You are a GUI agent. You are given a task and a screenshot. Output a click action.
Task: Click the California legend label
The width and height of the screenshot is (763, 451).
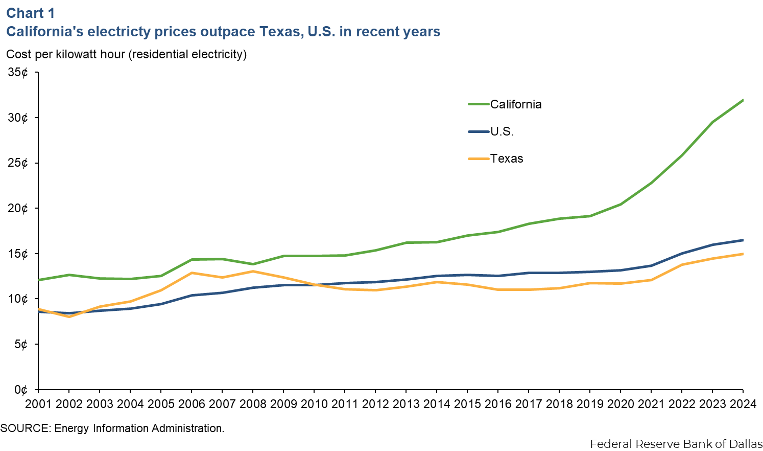tap(516, 104)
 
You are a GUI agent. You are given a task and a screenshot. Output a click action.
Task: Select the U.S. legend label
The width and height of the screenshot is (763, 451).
tap(502, 131)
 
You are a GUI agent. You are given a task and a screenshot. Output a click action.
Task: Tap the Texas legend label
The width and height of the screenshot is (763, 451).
tap(507, 159)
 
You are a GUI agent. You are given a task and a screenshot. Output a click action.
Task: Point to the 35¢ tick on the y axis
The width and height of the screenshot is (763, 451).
tap(18, 73)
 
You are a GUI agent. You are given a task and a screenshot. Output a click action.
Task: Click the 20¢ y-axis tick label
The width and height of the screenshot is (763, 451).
tap(18, 208)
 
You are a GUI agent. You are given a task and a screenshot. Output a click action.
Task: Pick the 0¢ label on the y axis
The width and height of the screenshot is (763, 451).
tap(21, 390)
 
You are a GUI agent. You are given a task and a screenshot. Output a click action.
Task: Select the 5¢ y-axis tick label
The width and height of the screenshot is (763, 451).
tap(21, 344)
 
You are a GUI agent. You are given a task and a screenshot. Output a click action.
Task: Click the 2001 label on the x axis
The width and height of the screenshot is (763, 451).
tap(38, 404)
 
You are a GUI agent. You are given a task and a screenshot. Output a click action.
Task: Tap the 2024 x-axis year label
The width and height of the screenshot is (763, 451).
tap(743, 404)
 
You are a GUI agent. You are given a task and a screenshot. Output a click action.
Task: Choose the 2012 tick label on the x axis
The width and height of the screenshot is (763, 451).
tap(375, 404)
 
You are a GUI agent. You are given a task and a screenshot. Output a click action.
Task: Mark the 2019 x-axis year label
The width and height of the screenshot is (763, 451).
tap(590, 404)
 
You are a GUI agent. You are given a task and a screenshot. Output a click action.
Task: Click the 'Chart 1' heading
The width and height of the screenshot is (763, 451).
tap(30, 13)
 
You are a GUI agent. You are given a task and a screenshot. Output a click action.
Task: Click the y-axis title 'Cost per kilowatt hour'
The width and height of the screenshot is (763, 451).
tap(126, 54)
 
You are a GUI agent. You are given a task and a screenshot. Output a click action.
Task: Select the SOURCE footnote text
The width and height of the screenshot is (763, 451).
tap(112, 429)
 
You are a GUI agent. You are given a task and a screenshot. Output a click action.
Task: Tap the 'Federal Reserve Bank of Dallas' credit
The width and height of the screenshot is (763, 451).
tap(676, 444)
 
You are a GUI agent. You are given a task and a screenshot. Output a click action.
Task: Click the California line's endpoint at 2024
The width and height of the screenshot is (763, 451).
tap(743, 100)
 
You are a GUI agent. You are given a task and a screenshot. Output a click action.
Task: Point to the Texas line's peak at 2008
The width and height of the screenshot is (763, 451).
tap(253, 271)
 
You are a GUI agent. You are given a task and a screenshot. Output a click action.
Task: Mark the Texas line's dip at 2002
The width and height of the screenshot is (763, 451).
tap(69, 317)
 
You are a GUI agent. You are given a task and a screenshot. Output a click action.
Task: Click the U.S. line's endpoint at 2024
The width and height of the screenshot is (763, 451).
tap(743, 240)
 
